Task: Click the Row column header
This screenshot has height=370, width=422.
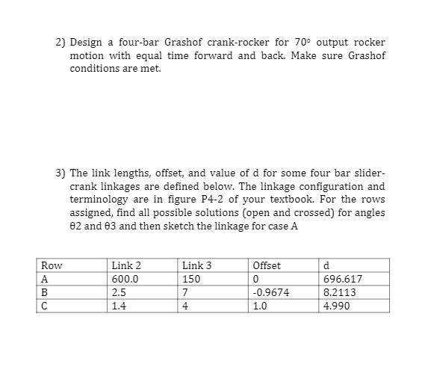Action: (52, 265)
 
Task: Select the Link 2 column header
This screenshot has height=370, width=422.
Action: (125, 265)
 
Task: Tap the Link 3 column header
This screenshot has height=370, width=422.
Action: (196, 265)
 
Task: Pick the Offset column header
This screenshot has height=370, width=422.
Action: (267, 265)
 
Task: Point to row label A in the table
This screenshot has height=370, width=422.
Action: (45, 280)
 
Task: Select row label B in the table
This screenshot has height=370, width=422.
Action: (45, 293)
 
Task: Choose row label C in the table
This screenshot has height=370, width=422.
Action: (45, 306)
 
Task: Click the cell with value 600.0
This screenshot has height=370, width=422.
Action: (124, 280)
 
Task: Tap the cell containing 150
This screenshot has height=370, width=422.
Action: (191, 280)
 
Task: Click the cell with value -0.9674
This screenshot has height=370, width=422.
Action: (271, 293)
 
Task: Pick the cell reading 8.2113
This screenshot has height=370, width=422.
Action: (338, 293)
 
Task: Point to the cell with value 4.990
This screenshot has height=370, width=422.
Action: (335, 306)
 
